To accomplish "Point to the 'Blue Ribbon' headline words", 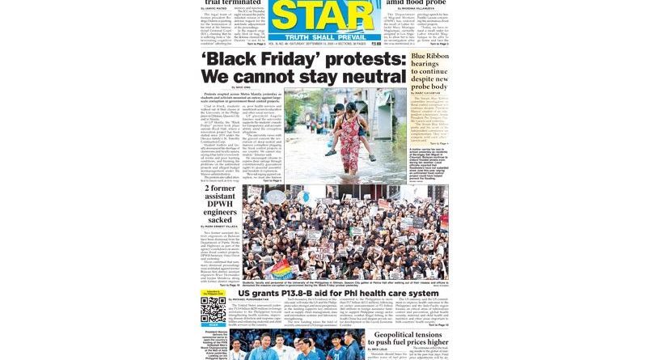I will (429, 57).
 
